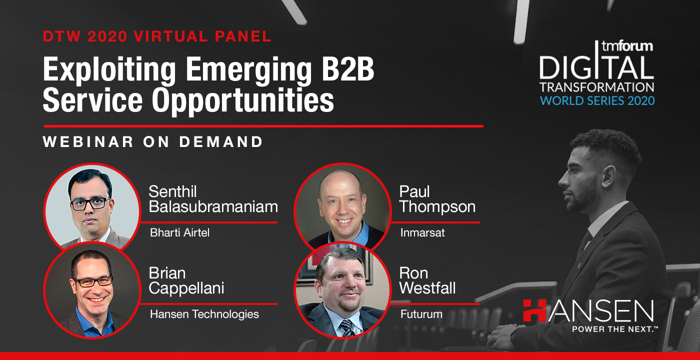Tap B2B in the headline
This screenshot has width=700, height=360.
click(x=348, y=69)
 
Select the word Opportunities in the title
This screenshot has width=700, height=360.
click(x=243, y=100)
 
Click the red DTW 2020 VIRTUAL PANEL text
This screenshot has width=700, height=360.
click(x=157, y=36)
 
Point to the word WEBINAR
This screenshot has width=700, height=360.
click(x=88, y=141)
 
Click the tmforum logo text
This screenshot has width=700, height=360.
click(x=627, y=46)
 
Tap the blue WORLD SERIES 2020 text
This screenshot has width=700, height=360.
click(x=597, y=100)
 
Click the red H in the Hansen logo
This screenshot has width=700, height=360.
click(x=534, y=310)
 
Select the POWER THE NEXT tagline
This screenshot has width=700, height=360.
click(x=614, y=329)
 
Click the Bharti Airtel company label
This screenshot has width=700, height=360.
click(x=179, y=233)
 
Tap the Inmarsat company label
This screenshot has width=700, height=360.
click(x=422, y=233)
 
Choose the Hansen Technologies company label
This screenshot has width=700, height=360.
click(x=204, y=314)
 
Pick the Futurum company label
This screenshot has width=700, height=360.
click(x=421, y=314)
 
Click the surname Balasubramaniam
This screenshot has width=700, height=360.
click(x=213, y=206)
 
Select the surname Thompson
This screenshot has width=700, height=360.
click(x=437, y=207)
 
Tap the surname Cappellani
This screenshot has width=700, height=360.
click(x=186, y=288)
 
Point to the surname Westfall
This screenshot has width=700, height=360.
click(x=427, y=288)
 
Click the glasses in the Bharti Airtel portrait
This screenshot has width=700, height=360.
click(x=90, y=204)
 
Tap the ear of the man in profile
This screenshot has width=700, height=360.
click(x=609, y=177)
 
